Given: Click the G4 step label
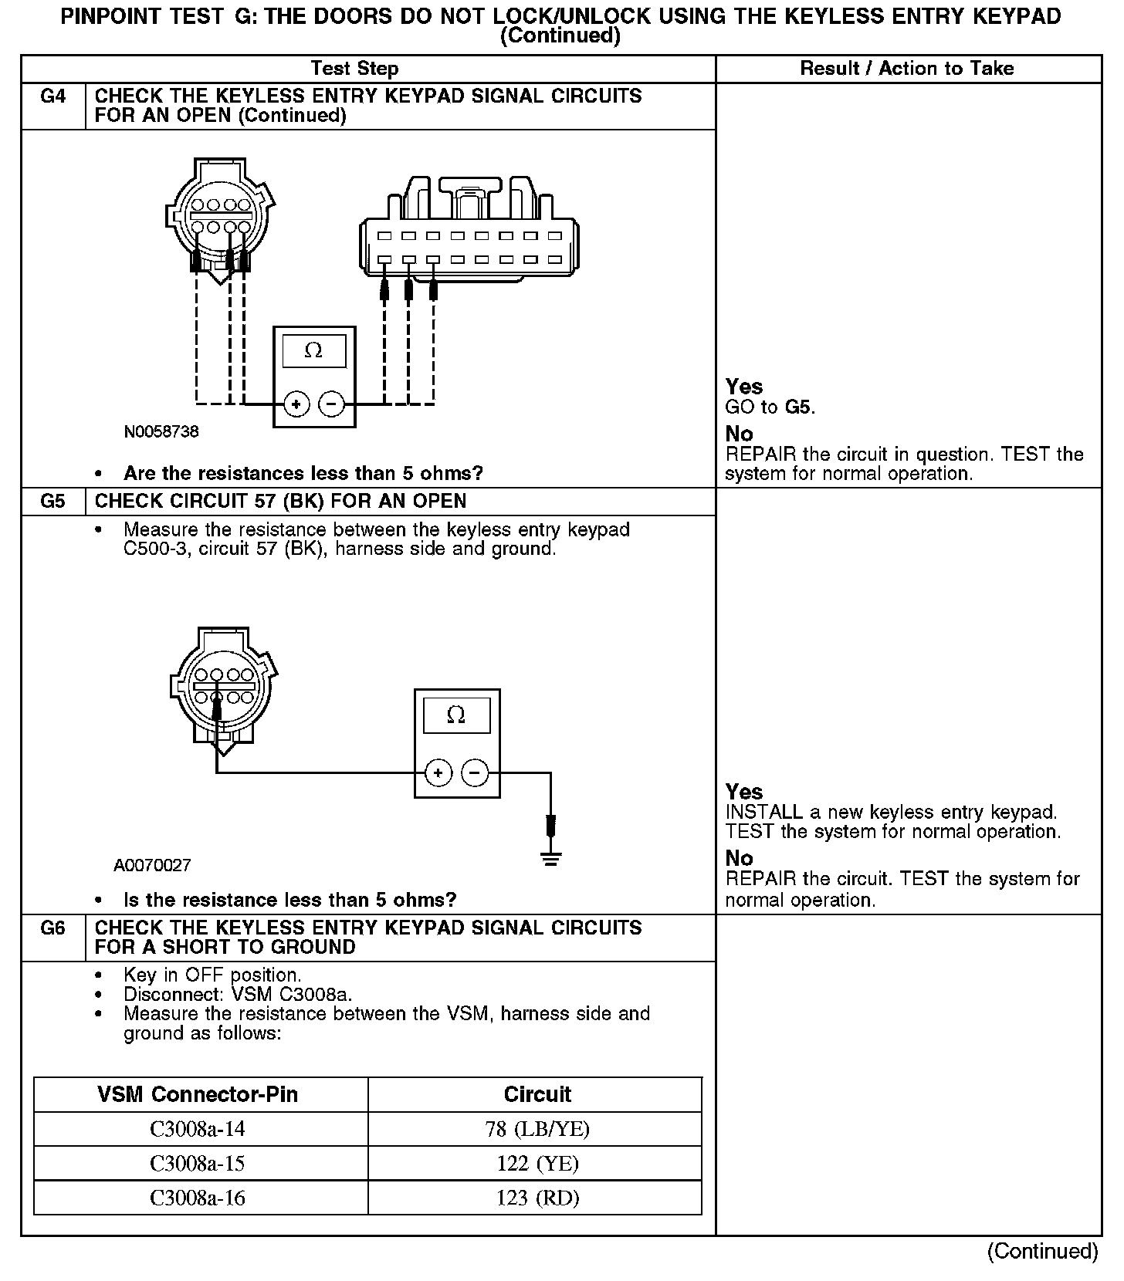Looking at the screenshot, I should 52,96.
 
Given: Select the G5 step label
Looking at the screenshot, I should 52,502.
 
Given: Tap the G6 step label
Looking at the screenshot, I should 52,928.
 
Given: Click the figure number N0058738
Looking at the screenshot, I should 161,431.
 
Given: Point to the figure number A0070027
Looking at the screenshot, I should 152,865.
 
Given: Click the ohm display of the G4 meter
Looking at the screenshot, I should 313,350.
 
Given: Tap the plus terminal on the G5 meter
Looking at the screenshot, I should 438,772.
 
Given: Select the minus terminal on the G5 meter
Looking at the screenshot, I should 475,772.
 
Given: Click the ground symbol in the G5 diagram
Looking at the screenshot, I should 550,858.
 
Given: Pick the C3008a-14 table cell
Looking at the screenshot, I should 198,1129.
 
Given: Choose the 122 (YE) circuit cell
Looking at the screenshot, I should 537,1163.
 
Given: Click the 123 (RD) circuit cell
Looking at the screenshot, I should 537,1198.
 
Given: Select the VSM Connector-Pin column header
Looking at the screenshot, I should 198,1094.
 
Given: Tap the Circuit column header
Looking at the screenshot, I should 537,1094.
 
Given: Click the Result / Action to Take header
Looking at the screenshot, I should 907,69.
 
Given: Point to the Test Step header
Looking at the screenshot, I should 354,69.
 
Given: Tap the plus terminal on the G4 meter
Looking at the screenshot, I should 296,404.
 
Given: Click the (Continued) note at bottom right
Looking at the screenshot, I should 1042,1251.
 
